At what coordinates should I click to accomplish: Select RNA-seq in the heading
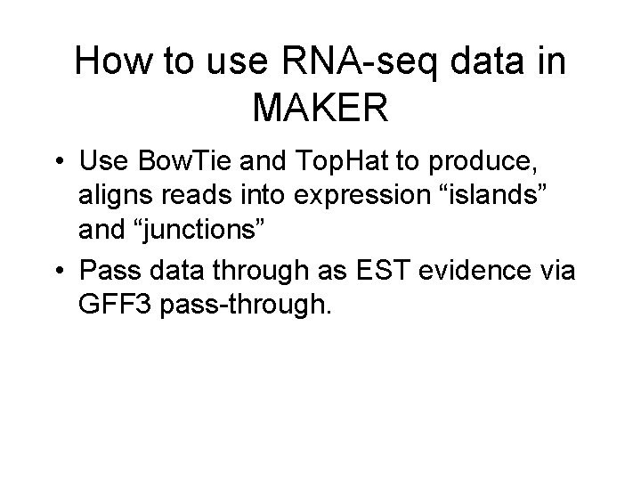point(339,62)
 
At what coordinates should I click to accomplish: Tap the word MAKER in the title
point(320,108)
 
